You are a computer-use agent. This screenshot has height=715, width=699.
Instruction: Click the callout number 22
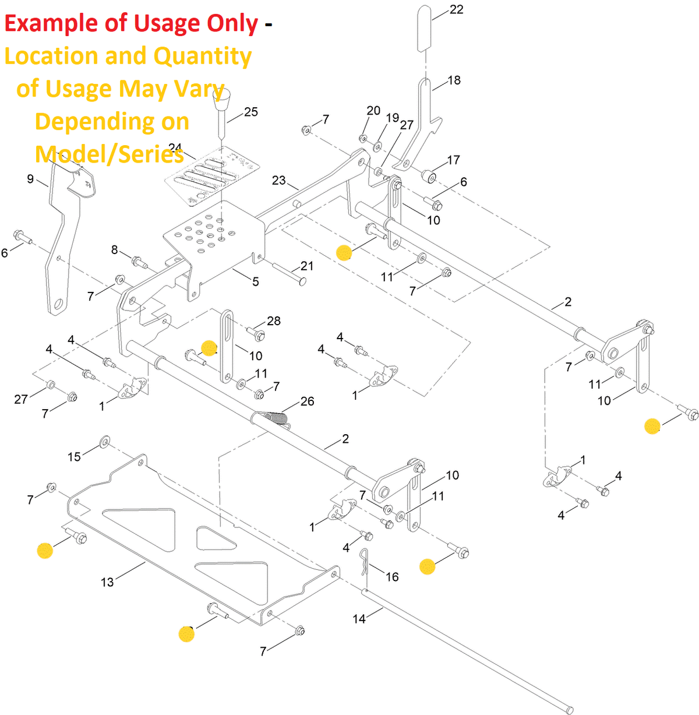point(457,9)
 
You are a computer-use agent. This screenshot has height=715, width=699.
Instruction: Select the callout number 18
point(454,80)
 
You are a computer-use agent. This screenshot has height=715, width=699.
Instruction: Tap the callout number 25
point(250,112)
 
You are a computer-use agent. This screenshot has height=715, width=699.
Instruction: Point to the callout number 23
point(279,180)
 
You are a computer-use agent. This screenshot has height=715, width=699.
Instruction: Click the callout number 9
point(30,179)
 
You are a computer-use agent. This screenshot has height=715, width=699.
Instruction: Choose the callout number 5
point(255,282)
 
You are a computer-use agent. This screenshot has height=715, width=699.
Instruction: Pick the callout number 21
point(306,266)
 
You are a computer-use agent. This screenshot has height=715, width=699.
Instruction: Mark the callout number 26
point(307,401)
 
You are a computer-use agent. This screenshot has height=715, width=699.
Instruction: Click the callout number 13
point(107,582)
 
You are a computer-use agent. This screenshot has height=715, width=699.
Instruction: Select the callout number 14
point(359,619)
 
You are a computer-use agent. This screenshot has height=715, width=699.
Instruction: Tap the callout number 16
point(392,576)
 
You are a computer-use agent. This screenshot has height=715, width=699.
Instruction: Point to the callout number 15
point(74,456)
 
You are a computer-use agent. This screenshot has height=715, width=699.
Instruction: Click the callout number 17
point(453,159)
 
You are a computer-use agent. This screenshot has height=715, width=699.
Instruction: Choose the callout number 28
point(273,320)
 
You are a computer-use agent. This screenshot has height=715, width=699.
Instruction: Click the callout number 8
point(114,250)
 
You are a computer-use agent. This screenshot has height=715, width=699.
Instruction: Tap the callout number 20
point(373,111)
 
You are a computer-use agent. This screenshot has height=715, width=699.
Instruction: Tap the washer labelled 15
point(105,441)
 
